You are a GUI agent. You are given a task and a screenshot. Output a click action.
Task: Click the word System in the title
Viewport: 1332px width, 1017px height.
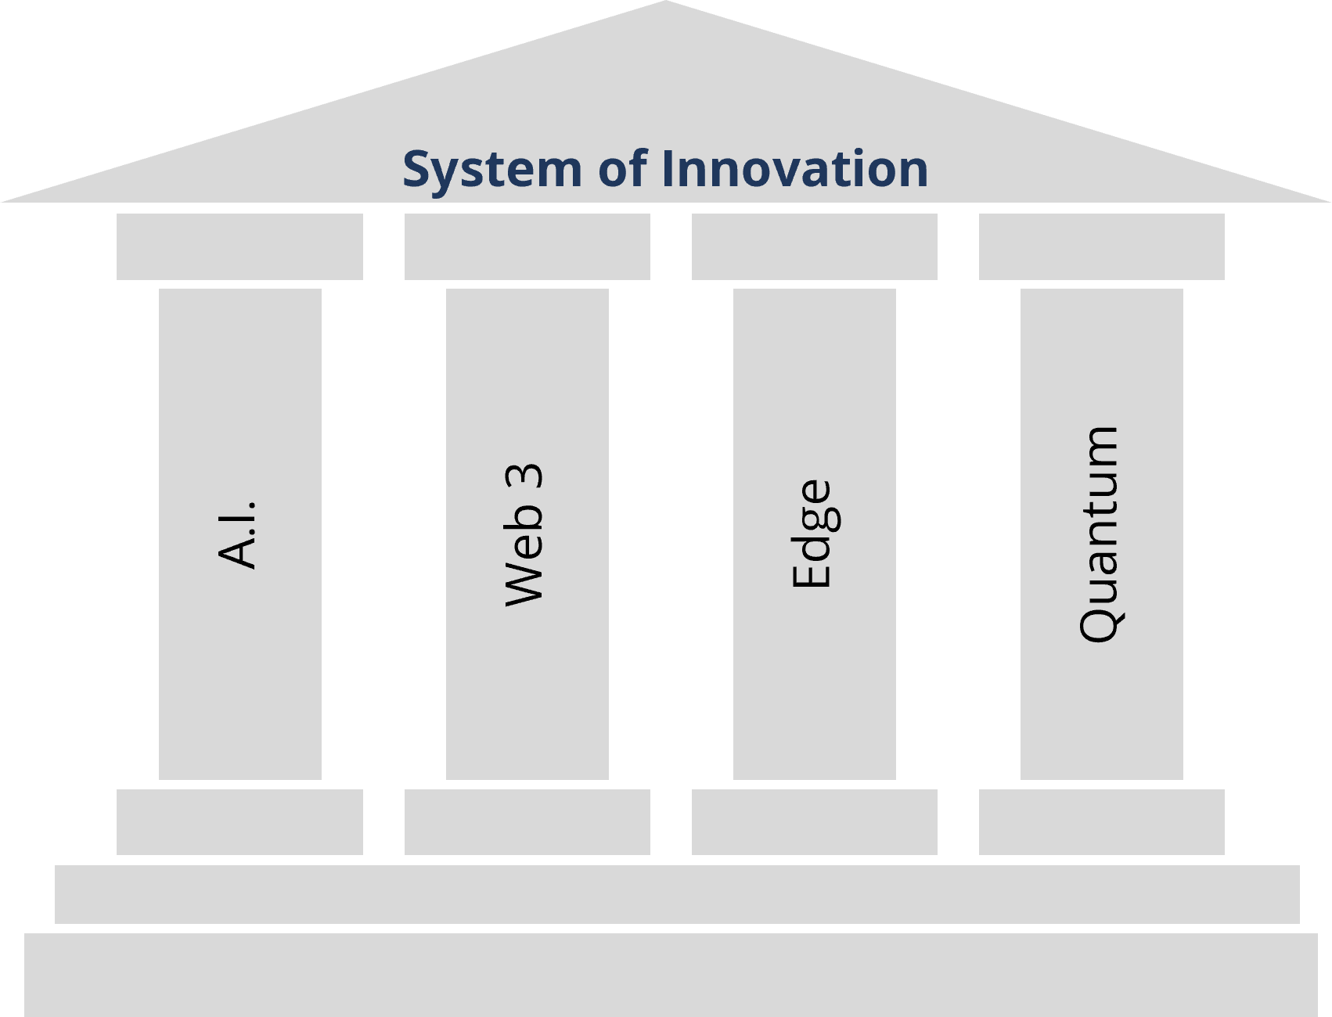(x=492, y=169)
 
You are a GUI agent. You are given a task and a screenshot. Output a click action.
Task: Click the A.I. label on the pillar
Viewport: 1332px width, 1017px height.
(x=238, y=534)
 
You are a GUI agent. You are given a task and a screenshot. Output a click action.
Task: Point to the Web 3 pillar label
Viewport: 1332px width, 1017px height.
(x=525, y=535)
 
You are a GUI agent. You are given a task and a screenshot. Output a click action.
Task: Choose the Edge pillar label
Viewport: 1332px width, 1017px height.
(x=812, y=534)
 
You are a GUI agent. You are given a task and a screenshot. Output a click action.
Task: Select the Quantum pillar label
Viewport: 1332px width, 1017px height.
(x=1100, y=534)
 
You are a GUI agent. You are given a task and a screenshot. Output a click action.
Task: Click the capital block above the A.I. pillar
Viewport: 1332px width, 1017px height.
(x=239, y=246)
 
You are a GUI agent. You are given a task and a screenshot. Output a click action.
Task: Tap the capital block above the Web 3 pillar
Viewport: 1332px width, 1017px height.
(x=527, y=246)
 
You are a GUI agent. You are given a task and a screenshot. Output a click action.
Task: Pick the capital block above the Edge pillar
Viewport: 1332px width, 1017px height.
(x=814, y=246)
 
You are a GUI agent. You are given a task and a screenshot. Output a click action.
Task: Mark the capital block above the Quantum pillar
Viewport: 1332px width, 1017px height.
(x=1101, y=246)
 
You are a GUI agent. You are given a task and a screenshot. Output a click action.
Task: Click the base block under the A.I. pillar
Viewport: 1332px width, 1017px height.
(x=239, y=821)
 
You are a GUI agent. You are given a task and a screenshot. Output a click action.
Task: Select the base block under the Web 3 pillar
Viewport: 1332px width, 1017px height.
(x=527, y=821)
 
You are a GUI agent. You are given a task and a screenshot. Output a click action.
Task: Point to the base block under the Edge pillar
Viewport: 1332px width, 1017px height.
(x=814, y=821)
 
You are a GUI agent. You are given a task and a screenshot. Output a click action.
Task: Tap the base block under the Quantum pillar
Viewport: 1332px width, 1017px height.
(x=1101, y=821)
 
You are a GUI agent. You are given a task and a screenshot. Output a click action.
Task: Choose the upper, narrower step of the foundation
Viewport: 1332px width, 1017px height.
(x=677, y=894)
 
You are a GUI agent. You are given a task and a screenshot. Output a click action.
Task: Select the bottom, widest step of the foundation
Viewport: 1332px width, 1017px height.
(x=671, y=974)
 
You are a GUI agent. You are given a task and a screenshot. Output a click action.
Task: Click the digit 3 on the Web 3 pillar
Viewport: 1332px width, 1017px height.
(x=525, y=478)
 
